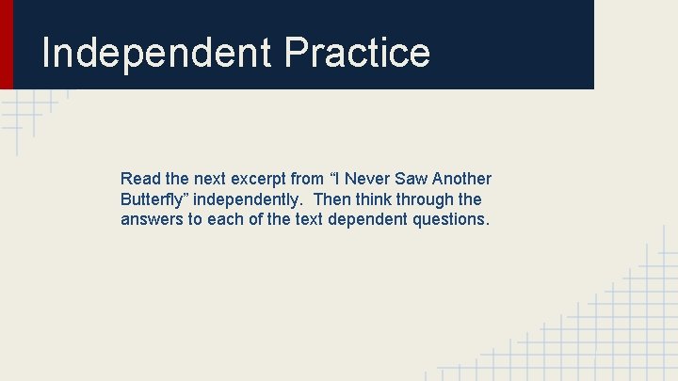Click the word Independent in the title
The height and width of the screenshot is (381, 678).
coord(155,53)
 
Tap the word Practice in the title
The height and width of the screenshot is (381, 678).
coord(356,53)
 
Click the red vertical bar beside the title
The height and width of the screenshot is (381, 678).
coord(7,43)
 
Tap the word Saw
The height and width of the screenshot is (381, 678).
coord(413,179)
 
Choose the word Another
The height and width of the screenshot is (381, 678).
coord(463,179)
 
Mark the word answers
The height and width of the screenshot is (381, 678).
coord(150,220)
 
